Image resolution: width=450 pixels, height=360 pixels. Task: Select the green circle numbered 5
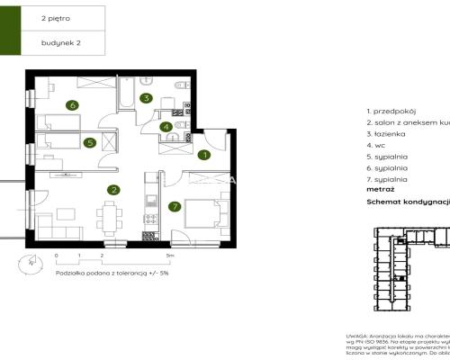89,141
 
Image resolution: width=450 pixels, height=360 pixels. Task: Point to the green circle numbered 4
166,127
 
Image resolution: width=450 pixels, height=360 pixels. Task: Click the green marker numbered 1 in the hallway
204,155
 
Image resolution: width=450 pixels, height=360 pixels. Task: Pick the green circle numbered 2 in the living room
112,190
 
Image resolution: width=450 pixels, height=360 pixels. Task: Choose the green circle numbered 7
174,206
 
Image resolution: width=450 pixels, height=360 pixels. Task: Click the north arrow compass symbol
30,263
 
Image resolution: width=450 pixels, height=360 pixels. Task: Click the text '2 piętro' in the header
56,17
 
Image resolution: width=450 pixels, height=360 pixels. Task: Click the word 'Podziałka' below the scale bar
68,271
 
